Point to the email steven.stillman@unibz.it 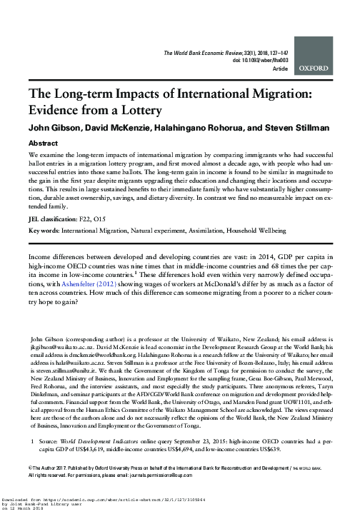60,371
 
